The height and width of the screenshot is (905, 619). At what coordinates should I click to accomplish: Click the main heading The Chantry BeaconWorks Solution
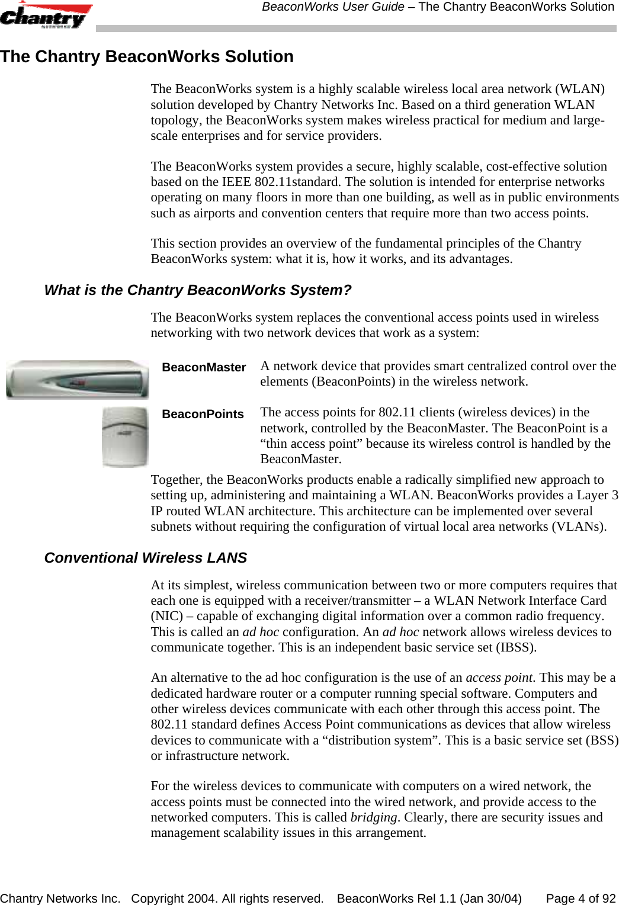coord(147,57)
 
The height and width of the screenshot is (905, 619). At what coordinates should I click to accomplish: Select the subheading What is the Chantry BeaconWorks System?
coord(198,290)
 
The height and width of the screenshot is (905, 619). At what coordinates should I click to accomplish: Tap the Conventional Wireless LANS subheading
coord(146,558)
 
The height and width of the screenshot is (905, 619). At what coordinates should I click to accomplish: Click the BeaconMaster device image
coord(77,380)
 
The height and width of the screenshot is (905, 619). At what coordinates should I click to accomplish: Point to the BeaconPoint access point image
coord(124,437)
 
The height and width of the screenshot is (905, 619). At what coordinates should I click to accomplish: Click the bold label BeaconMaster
coord(204,367)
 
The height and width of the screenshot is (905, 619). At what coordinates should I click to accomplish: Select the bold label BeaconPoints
coord(203,414)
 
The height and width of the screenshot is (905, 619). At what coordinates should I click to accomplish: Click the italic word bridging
coord(373,817)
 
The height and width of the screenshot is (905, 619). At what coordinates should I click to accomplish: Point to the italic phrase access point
coord(499,678)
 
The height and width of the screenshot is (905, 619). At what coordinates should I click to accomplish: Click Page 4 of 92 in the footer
coord(580,898)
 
